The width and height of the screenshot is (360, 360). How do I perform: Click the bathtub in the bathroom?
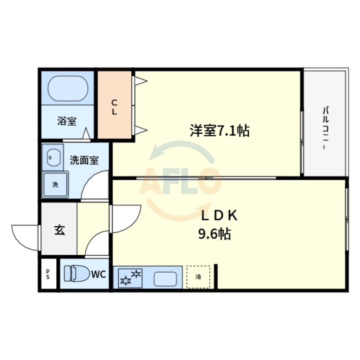[67, 89]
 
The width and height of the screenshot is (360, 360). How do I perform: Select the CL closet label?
[114, 107]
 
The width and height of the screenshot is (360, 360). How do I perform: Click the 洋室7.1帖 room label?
[219, 130]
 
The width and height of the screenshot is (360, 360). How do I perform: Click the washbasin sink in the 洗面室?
[54, 157]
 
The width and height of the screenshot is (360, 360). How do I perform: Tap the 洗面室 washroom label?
[84, 160]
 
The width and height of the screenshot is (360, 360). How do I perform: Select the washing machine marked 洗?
[55, 184]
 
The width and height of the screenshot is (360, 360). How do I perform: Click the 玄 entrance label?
[59, 230]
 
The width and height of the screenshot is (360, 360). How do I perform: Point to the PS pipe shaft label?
[48, 274]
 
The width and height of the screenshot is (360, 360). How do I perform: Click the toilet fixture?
[76, 274]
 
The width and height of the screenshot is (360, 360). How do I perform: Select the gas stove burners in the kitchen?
[130, 277]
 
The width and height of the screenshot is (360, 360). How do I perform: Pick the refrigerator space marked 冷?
[198, 277]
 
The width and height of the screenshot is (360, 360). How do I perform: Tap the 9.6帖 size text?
[215, 234]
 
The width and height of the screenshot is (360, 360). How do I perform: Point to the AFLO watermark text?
[180, 180]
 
